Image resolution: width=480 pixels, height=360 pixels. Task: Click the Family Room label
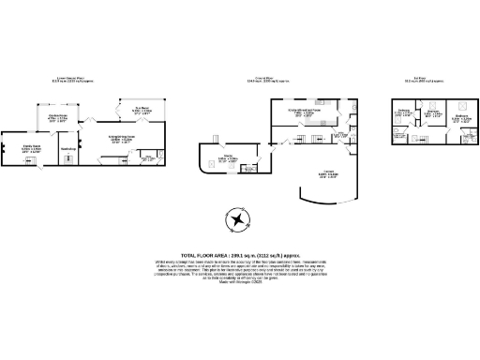tap(31, 148)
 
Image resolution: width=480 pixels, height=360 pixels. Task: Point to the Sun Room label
tap(142, 109)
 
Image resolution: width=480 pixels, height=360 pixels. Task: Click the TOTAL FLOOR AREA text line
tap(240, 254)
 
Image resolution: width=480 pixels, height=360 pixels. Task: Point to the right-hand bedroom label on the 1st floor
tap(460, 119)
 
